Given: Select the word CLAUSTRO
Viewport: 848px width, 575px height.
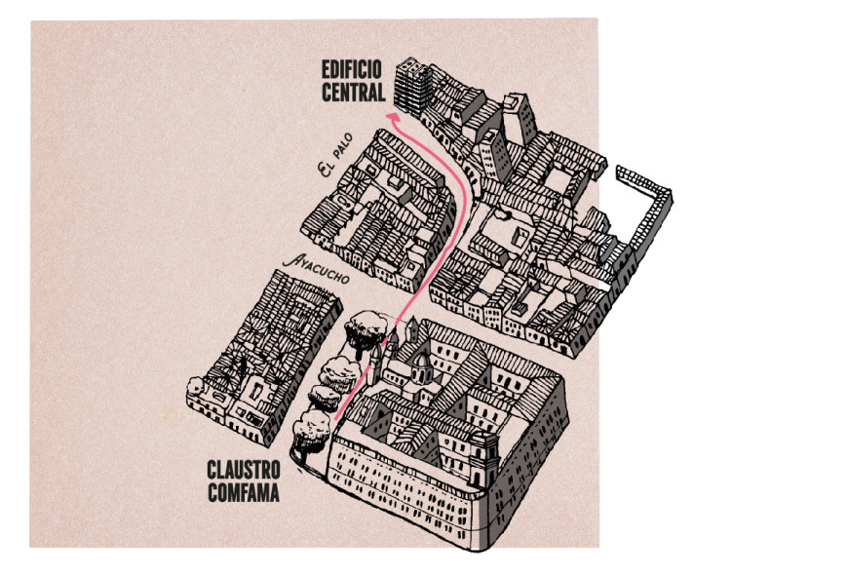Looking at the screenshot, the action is coord(244,468).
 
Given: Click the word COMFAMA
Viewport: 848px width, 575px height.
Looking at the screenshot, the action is coord(244,493).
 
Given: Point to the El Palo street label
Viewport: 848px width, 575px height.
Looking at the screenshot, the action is coord(341,166).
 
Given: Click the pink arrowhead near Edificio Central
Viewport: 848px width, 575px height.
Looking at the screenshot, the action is coord(393,116).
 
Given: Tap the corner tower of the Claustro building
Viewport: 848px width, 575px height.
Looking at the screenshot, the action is coord(482,457).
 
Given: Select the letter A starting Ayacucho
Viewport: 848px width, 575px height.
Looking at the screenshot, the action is coord(287,261).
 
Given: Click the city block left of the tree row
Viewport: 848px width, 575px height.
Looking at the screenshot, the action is coord(263,351).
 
